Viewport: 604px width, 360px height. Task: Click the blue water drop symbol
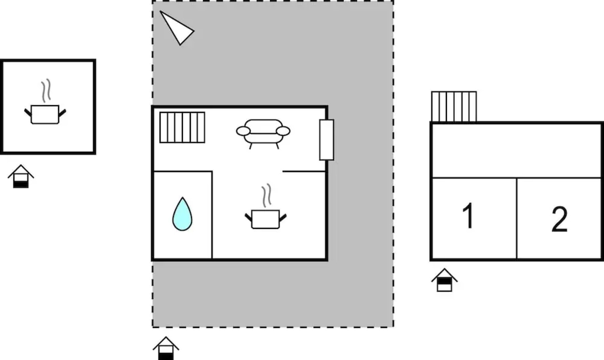click(182, 214)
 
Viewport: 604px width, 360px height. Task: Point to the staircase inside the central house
click(182, 127)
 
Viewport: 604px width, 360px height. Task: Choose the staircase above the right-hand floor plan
click(454, 107)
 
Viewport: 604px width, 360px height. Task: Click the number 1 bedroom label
click(468, 216)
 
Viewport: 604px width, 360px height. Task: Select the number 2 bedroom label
click(559, 219)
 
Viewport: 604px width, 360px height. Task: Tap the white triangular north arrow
click(177, 28)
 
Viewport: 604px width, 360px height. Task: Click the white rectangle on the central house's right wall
click(327, 140)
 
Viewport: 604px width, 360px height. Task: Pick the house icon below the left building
click(21, 176)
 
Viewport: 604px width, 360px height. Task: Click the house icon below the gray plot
click(166, 348)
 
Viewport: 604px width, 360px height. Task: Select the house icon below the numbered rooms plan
click(444, 280)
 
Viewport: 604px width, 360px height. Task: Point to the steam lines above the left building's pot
click(46, 90)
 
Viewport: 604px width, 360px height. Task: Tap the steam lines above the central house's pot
click(266, 195)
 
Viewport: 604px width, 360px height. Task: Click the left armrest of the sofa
click(243, 131)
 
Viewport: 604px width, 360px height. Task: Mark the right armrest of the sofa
click(283, 131)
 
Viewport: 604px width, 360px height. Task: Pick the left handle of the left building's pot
click(28, 112)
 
